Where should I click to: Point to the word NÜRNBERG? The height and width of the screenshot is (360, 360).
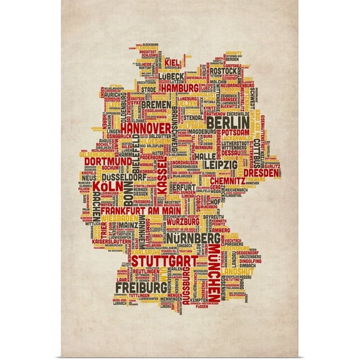click(191, 238)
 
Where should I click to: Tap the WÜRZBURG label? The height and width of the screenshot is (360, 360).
click(182, 221)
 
